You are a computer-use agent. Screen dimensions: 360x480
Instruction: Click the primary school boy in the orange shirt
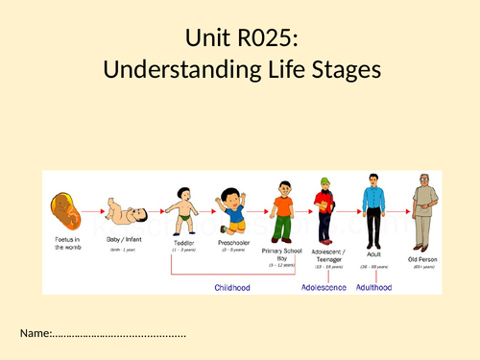[x=281, y=214]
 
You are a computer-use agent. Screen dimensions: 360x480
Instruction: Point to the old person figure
[x=423, y=210]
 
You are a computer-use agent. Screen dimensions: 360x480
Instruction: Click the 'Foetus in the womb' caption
[x=66, y=248]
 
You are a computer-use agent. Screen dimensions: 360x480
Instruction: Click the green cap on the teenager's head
[x=324, y=182]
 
